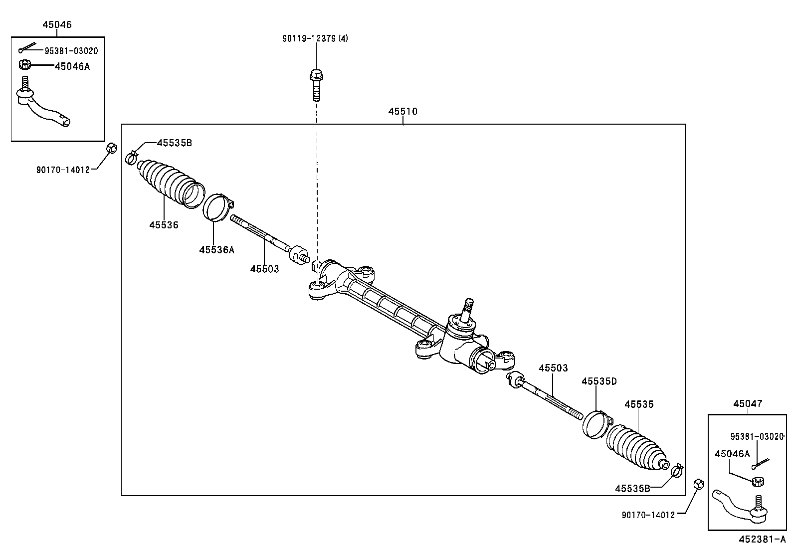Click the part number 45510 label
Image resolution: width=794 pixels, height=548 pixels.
tap(402, 112)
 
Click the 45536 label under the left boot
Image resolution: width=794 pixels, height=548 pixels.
tap(164, 225)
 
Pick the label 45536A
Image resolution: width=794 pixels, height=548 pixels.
tap(216, 250)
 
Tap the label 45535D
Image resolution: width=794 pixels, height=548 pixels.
tap(599, 381)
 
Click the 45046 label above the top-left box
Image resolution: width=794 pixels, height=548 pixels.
tap(56, 24)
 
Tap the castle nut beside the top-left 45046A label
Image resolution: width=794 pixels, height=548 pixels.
tap(25, 65)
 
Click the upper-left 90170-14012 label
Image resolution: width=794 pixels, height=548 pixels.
tap(63, 170)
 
